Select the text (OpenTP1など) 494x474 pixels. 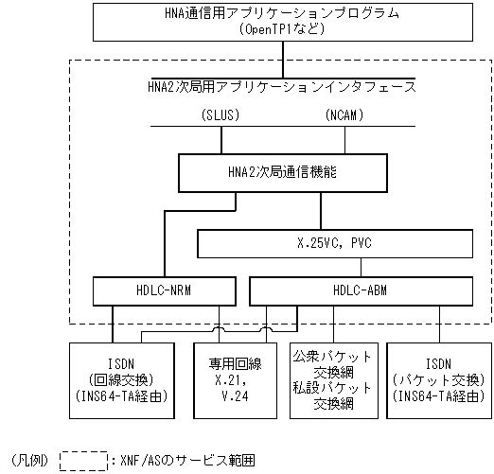(x=281, y=29)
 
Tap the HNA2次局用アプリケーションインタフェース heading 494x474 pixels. (x=282, y=86)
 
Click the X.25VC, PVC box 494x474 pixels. (x=333, y=244)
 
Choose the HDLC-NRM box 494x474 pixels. (x=156, y=291)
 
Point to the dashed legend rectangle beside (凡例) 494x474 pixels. (x=83, y=461)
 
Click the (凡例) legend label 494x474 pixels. (x=29, y=461)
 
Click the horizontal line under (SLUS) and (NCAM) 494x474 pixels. (x=282, y=127)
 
